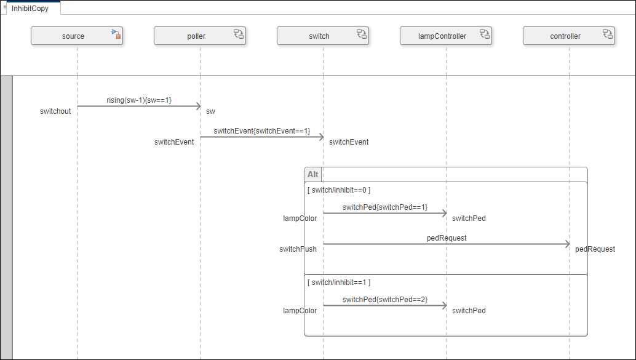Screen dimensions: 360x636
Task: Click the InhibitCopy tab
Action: tap(30, 9)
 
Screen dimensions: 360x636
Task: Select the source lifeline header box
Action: tap(73, 36)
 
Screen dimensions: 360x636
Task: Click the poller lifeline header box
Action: tap(196, 36)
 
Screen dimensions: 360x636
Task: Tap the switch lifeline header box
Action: tap(319, 36)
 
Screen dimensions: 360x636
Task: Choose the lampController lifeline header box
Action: tap(442, 36)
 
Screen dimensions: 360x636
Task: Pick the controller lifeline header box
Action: tap(565, 36)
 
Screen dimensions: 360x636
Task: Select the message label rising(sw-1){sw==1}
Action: tap(139, 100)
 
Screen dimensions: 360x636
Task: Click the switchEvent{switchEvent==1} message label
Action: tap(262, 131)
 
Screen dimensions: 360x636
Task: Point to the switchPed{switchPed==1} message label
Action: tap(385, 207)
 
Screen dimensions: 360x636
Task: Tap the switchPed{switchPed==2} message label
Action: tap(385, 300)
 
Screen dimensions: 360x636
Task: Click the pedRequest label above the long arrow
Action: tap(447, 238)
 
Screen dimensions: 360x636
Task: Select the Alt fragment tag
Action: tap(313, 175)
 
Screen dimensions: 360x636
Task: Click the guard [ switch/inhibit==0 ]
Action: tap(339, 190)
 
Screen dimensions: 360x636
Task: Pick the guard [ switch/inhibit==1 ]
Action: tap(339, 282)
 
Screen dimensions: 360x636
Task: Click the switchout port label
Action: tap(55, 111)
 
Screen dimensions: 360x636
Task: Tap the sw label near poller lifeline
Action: tap(210, 111)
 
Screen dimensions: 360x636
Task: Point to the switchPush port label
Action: tap(298, 249)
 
